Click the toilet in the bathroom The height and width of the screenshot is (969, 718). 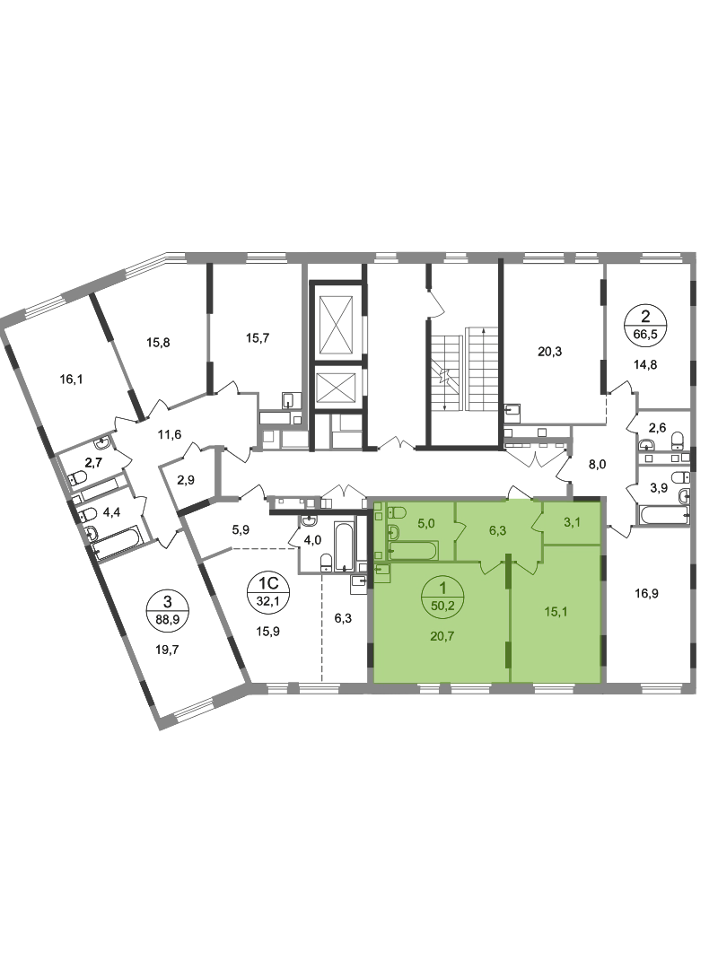tap(380, 514)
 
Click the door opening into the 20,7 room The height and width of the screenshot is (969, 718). tap(489, 566)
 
